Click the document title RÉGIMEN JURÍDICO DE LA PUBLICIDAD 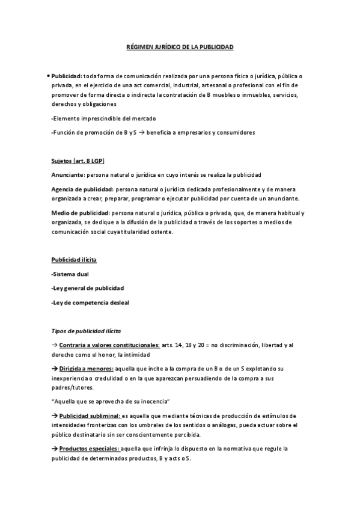click(x=180, y=46)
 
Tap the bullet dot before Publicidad click(x=47, y=76)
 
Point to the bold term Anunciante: click(x=69, y=175)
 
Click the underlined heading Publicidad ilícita click(x=74, y=259)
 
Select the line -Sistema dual click(x=70, y=274)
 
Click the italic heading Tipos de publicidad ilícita click(x=87, y=331)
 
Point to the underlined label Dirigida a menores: click(x=85, y=367)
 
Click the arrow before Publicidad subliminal click(x=54, y=416)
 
